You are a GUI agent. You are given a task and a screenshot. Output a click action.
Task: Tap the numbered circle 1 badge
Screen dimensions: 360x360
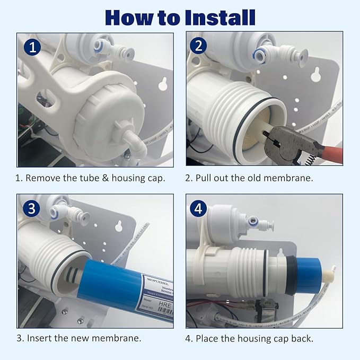(x=32, y=47)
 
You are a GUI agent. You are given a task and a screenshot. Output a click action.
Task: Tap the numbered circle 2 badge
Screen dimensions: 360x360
(x=199, y=46)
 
